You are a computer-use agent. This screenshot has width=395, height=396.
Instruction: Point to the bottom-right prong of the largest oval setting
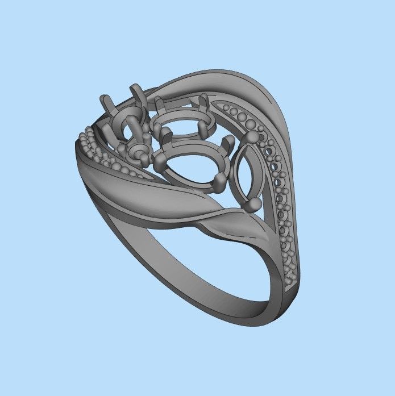coord(219,181)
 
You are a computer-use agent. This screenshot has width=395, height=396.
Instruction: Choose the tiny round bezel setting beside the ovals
coord(138,152)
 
